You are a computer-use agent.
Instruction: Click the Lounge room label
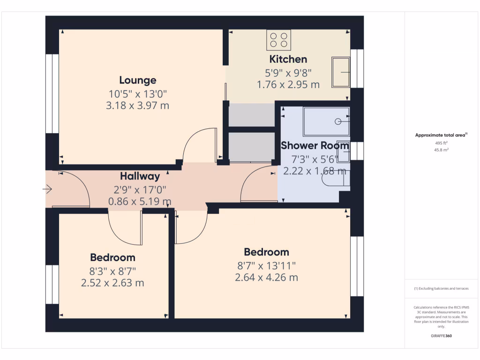tap(137, 80)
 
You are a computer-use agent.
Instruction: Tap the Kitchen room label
tap(288, 59)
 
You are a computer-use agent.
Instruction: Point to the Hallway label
tap(140, 176)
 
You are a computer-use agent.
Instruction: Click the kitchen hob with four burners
tap(279, 40)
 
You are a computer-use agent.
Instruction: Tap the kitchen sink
tap(341, 72)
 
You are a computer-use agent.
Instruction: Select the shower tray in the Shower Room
tap(326, 121)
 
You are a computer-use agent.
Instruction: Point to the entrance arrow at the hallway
tap(47, 189)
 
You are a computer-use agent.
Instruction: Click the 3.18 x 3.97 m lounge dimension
tap(137, 105)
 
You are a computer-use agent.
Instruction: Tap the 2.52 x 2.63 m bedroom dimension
tap(112, 283)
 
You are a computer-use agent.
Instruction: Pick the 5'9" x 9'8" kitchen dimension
tap(288, 73)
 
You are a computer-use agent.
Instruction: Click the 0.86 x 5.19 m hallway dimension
tap(140, 202)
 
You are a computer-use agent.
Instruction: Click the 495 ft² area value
tap(441, 143)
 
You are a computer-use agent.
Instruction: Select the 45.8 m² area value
tap(441, 150)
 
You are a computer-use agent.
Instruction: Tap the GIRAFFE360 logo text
tap(441, 336)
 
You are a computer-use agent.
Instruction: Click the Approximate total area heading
tap(441, 135)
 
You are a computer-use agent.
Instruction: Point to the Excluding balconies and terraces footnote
tap(441, 289)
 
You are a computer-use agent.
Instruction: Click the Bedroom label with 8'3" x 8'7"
tap(112, 257)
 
